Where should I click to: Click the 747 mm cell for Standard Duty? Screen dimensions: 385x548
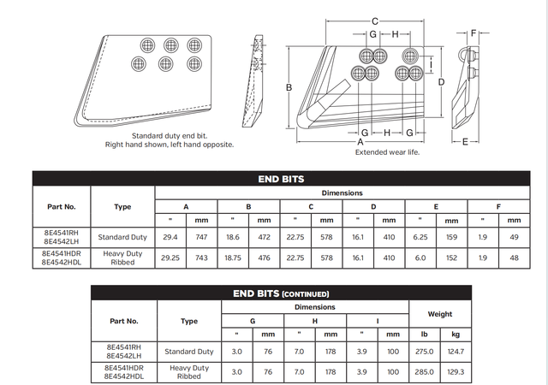tap(202, 237)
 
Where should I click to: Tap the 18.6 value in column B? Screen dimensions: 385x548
tap(233, 237)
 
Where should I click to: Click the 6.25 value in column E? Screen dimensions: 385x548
tap(420, 237)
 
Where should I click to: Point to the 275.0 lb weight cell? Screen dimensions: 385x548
tap(425, 352)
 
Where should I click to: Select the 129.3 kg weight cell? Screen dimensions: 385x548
tap(456, 372)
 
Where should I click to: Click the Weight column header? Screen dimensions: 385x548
tap(440, 314)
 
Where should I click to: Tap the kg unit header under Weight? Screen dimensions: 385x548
tap(456, 334)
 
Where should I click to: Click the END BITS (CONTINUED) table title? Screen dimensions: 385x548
tap(280, 293)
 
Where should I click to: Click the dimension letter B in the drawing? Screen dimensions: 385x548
tap(289, 87)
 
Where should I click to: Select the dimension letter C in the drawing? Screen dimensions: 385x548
tap(375, 21)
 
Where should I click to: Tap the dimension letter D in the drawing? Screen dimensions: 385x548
tap(441, 81)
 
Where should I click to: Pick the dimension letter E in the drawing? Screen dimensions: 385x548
tap(465, 140)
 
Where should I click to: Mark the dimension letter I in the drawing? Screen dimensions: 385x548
tap(430, 62)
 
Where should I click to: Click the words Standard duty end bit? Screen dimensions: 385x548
tap(170, 135)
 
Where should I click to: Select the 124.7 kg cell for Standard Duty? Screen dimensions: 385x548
tap(456, 352)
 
